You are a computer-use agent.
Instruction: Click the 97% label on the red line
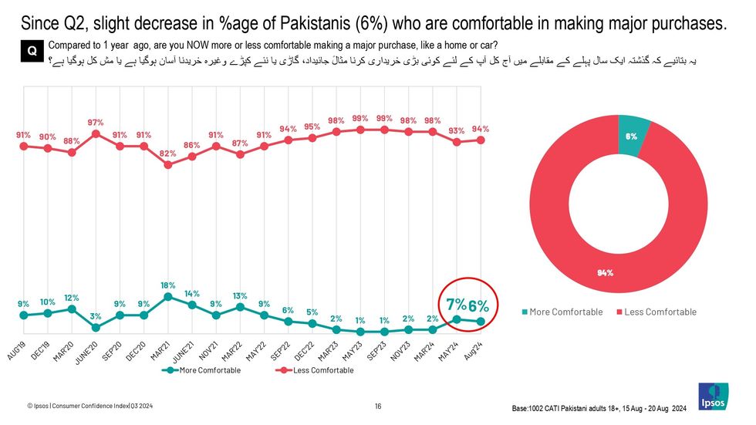(x=96, y=123)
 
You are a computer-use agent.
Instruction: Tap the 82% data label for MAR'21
(x=167, y=153)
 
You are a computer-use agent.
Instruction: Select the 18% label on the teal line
(x=167, y=285)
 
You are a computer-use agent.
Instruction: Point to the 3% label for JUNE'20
(x=96, y=316)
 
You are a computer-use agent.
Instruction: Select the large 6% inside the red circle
(x=478, y=305)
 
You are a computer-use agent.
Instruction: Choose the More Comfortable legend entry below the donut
(x=562, y=312)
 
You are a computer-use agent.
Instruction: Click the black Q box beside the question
(x=32, y=50)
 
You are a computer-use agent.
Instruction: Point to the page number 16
(x=378, y=406)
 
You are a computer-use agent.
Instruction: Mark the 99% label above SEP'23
(x=383, y=119)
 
